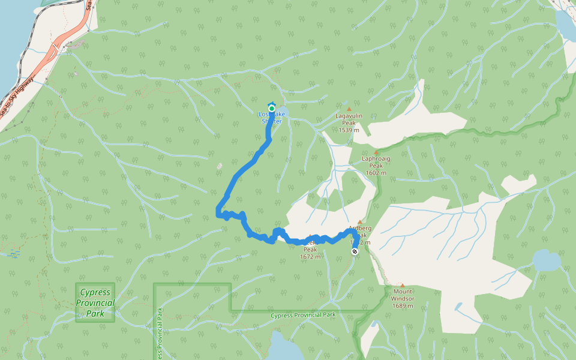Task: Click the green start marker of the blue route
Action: click(271, 109)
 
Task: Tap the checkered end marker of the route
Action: click(355, 252)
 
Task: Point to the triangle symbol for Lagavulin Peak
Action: click(349, 109)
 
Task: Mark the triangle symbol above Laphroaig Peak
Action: click(376, 152)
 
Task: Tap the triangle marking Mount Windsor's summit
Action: click(403, 286)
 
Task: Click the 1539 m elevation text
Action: click(349, 130)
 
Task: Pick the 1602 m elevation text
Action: click(376, 173)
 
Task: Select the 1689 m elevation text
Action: click(403, 306)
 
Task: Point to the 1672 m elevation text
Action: click(310, 257)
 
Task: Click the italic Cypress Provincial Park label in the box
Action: click(95, 302)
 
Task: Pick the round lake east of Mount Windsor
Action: click(547, 262)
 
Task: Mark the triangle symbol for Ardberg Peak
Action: click(360, 221)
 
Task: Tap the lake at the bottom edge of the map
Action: click(286, 348)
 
